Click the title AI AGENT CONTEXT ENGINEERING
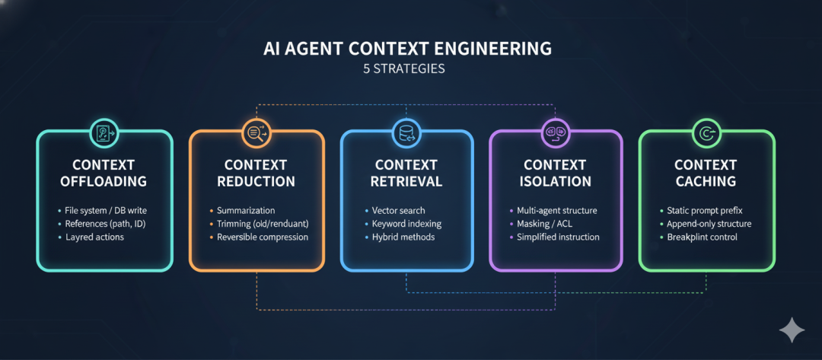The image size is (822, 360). [407, 49]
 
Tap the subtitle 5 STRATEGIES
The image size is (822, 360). [407, 68]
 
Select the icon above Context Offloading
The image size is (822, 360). [104, 133]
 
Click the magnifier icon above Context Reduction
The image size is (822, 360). [256, 133]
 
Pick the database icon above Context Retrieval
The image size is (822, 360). [406, 134]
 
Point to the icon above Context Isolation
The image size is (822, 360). [555, 133]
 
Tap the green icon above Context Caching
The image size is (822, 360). [706, 133]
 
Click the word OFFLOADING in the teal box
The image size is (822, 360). [104, 182]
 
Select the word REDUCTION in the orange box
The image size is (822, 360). [256, 182]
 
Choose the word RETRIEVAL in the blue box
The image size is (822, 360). [406, 182]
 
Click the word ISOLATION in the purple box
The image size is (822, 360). [556, 182]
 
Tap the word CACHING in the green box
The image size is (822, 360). [706, 182]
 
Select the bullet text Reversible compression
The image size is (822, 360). [263, 237]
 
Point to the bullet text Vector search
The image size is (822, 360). [399, 210]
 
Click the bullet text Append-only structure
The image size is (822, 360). [709, 224]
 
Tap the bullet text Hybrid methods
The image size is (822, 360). [403, 237]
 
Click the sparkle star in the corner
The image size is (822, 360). [792, 330]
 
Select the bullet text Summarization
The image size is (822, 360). [246, 210]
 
